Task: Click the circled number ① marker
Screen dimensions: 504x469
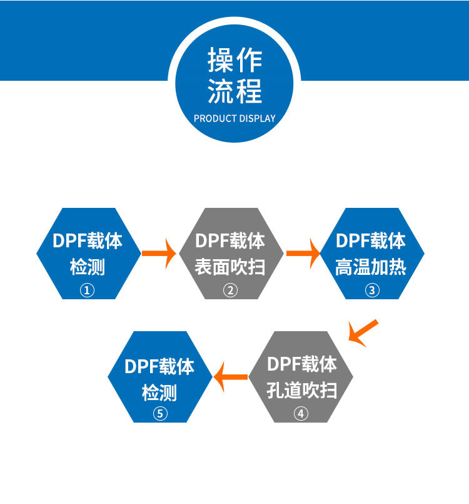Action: tap(88, 291)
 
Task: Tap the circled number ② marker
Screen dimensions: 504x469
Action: tap(231, 291)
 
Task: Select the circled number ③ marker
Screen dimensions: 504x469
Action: tap(371, 290)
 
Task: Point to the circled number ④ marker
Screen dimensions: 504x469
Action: tap(301, 413)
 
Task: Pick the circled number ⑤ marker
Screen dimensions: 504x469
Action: tap(160, 413)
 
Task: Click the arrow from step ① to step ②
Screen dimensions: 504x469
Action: tap(159, 253)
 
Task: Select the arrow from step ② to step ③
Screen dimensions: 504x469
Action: tap(303, 253)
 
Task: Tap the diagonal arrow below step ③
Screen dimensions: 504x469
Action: tap(363, 332)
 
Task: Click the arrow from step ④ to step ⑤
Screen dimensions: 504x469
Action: tap(231, 377)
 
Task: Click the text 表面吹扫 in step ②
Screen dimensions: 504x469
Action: tap(230, 267)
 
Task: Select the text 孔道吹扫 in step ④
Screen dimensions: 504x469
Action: tap(301, 391)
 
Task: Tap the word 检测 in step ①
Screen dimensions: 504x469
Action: tap(88, 267)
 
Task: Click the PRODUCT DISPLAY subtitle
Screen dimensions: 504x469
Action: tap(234, 118)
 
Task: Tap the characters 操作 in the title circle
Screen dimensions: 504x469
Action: tap(234, 61)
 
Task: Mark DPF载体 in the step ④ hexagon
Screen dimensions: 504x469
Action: tap(301, 364)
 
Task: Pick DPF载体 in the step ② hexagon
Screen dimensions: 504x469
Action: tap(230, 241)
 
